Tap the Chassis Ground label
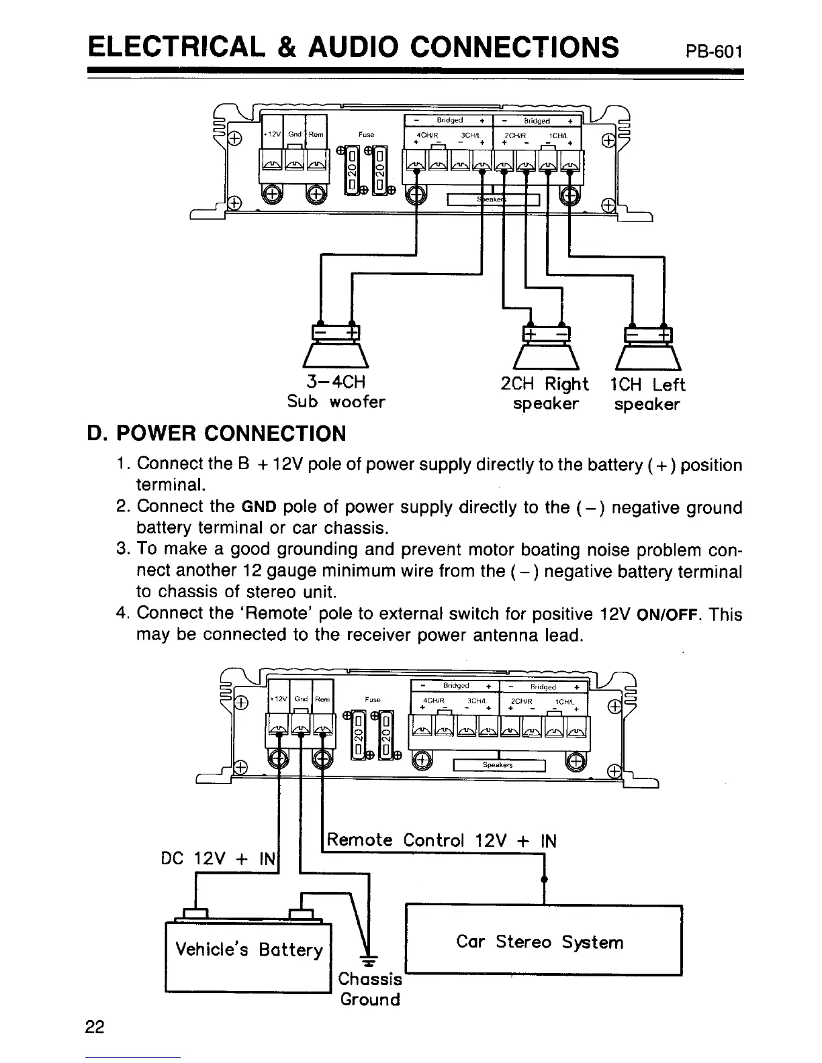pyautogui.click(x=370, y=989)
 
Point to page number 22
pyautogui.click(x=95, y=1027)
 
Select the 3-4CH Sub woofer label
pyautogui.click(x=336, y=392)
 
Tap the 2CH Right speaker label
pyautogui.click(x=545, y=394)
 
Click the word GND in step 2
pyautogui.click(x=255, y=508)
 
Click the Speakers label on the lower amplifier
pyautogui.click(x=498, y=765)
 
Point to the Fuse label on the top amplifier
pyautogui.click(x=366, y=134)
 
